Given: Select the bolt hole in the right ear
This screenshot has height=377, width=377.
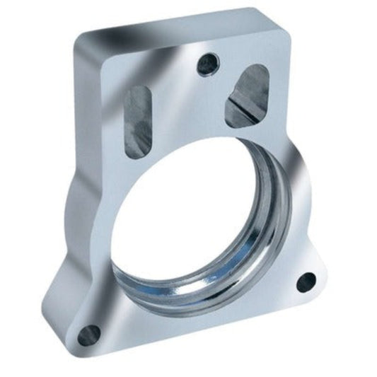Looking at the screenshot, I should pos(306,282).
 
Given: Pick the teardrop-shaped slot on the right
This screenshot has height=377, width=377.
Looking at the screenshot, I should pos(247,95).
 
